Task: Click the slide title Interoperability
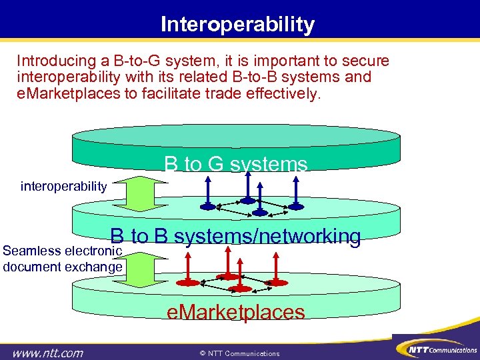coord(237,25)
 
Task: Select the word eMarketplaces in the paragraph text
coord(68,93)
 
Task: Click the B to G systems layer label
coord(236,164)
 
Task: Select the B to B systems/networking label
coord(236,236)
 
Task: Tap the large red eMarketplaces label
coord(235,312)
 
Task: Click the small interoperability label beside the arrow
coord(63,186)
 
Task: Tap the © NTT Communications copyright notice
coord(239,353)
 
